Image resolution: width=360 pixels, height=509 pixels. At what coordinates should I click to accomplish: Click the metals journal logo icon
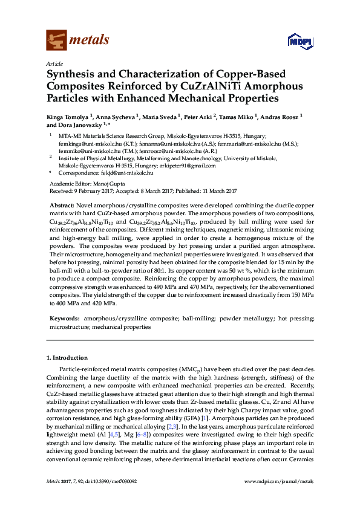(x=56, y=40)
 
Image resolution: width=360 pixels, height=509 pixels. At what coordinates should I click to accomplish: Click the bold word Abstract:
(x=62, y=206)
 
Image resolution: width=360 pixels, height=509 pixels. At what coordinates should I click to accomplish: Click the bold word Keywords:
(x=64, y=317)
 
